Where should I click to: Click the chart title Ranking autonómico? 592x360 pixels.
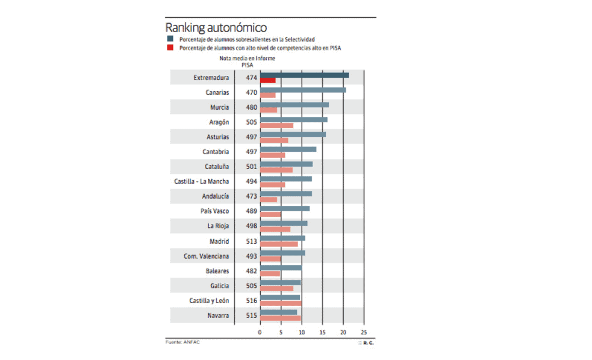point(215,27)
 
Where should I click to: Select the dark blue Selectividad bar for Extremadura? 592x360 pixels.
point(304,75)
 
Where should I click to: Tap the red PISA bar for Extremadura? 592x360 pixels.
point(268,80)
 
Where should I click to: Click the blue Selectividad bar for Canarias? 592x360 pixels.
point(303,90)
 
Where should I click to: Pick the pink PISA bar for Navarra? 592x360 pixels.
point(280,318)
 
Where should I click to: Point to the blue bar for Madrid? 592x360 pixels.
point(283,238)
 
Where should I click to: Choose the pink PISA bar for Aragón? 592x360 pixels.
point(277,125)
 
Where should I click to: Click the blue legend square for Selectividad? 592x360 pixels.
point(170,39)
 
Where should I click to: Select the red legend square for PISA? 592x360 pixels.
point(170,47)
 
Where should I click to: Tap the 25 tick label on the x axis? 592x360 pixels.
point(364,332)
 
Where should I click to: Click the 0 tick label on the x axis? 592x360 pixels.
point(260,332)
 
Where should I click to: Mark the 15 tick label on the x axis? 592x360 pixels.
point(322,332)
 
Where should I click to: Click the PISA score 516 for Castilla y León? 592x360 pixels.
point(252,301)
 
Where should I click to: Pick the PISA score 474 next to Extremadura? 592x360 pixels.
point(252,78)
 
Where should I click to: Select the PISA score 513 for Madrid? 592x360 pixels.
point(252,241)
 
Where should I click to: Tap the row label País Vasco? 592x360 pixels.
point(215,211)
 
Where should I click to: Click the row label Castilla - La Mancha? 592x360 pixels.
point(201,181)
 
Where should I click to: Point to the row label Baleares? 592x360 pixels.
point(217,271)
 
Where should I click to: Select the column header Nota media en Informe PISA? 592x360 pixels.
point(247,62)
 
